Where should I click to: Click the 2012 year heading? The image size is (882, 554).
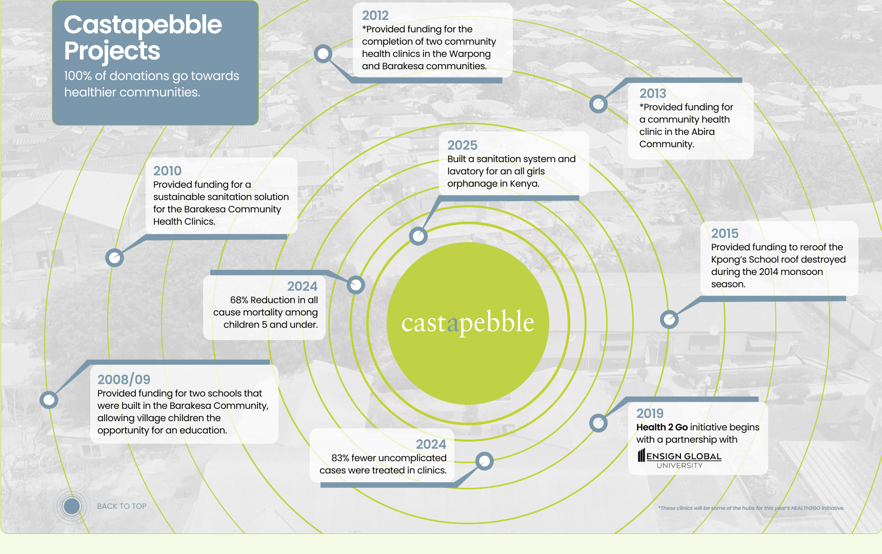coord(375,16)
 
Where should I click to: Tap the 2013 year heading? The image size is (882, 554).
coord(652,94)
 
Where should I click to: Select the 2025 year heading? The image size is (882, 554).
coord(462,146)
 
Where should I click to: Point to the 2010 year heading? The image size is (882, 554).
coord(167,171)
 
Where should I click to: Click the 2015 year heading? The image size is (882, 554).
coord(725,234)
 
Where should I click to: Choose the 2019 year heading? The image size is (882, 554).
coord(650,414)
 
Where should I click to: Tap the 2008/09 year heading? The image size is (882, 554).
coord(124,380)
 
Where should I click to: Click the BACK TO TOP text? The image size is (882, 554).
coord(122,506)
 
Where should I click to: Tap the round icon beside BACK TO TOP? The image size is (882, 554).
coord(72,506)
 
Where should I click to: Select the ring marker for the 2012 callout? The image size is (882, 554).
coord(323,53)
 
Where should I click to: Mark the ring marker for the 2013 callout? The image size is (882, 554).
coord(598,104)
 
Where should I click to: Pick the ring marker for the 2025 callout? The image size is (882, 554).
coord(418,236)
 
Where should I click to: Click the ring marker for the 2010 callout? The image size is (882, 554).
coord(114,257)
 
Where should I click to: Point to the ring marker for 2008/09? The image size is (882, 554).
coord(49,400)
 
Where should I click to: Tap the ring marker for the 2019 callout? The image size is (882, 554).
coord(598,423)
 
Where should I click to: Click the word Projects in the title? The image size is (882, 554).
coord(112,51)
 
